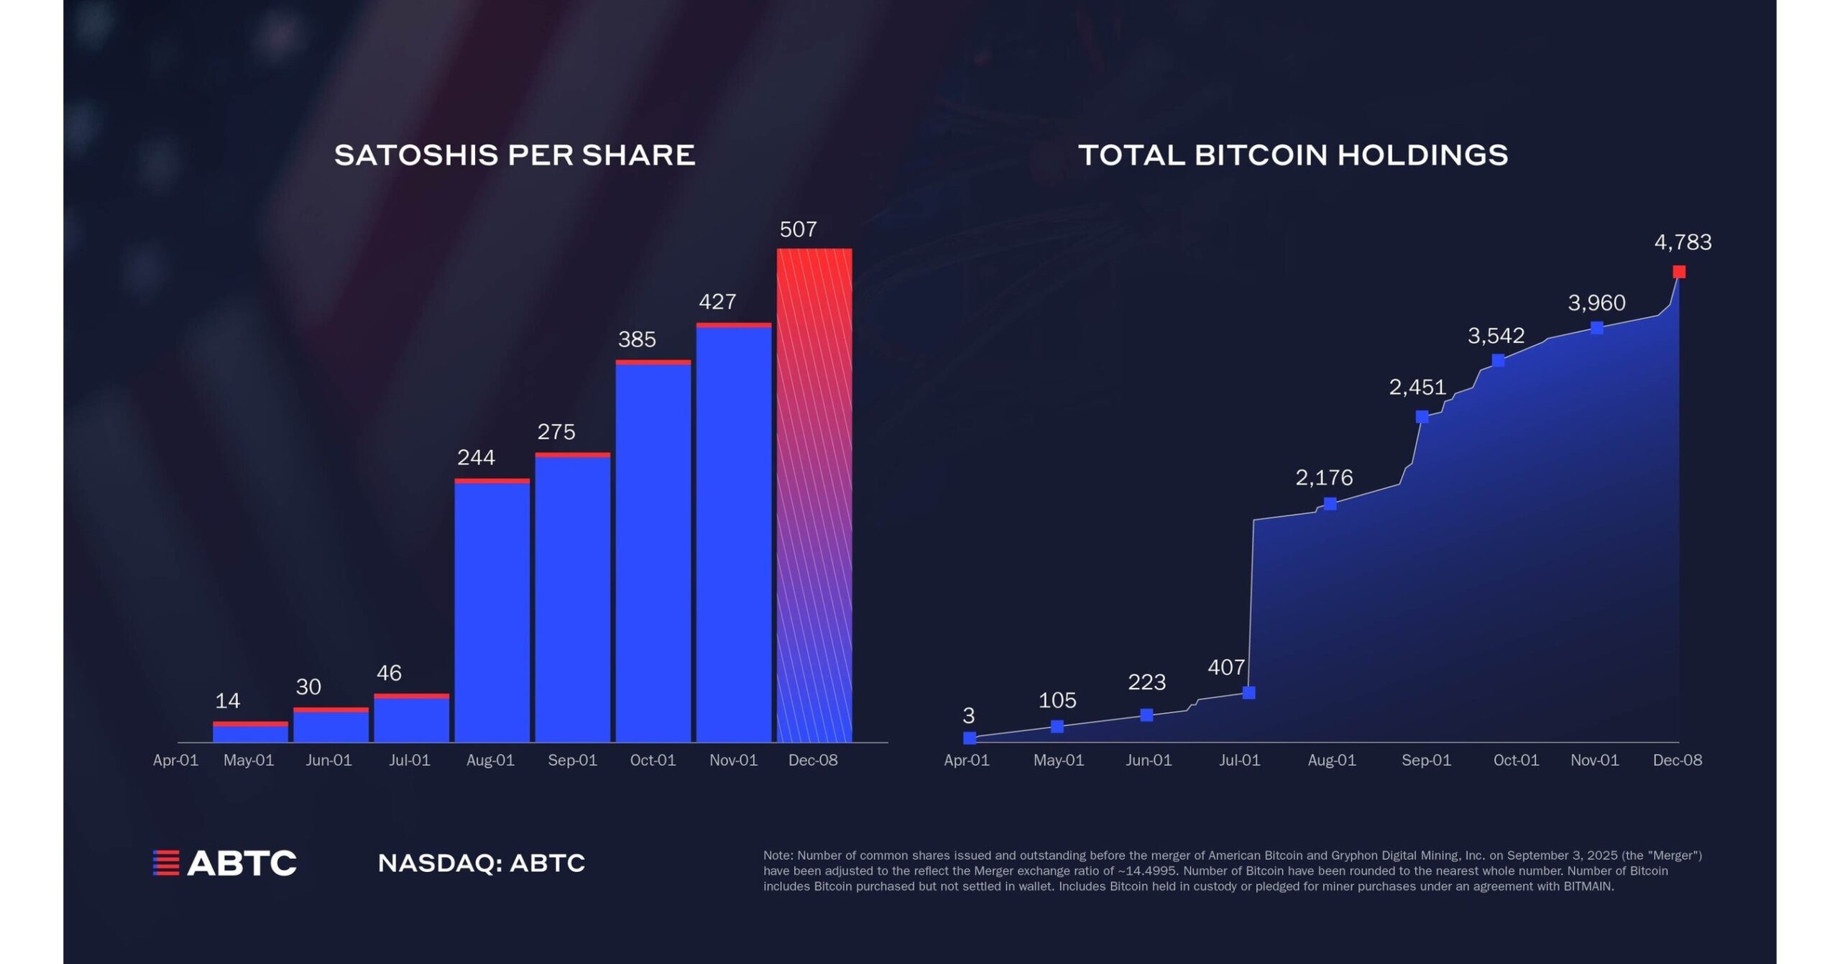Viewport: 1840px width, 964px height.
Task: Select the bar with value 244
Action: click(492, 610)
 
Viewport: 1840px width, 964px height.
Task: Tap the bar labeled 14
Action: click(250, 732)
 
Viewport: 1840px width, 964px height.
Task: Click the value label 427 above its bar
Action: click(717, 302)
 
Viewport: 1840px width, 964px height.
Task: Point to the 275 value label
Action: click(556, 432)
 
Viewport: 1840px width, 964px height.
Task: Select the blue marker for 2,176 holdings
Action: click(1330, 504)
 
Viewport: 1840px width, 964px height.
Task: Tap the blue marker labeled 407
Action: click(1249, 693)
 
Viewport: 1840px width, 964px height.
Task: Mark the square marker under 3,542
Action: click(1499, 360)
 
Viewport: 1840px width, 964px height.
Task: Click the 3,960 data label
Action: click(1596, 303)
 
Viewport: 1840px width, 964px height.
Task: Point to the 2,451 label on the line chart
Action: click(1417, 387)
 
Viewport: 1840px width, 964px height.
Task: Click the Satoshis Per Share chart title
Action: click(515, 155)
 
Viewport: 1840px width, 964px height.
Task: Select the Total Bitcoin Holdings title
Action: click(1293, 155)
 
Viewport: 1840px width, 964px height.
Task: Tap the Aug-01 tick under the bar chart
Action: click(490, 761)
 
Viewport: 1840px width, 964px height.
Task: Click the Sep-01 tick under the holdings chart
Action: click(1426, 761)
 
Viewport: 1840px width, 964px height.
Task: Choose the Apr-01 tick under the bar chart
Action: click(175, 761)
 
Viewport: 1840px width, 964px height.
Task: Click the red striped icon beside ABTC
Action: click(166, 863)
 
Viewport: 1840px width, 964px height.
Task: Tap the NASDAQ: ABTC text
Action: click(482, 863)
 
